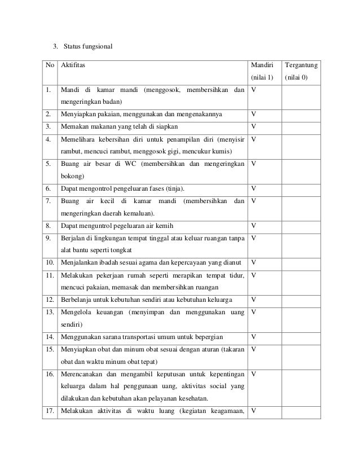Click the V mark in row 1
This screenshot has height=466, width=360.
click(254, 90)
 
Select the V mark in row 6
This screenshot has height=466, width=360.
click(254, 188)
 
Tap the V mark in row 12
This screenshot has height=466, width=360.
click(254, 299)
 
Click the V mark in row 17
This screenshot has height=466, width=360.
click(254, 410)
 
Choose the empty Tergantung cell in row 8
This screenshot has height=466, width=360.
click(301, 225)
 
